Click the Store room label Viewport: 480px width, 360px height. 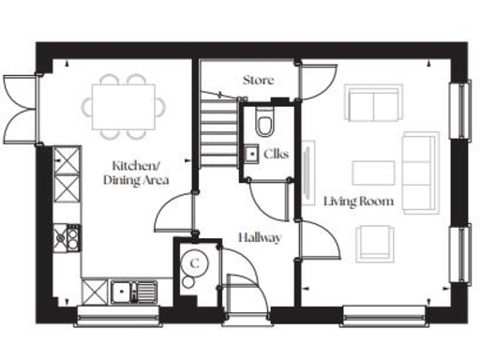coord(259,81)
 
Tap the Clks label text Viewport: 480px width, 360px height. coord(276,153)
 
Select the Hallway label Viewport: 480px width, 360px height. coord(260,238)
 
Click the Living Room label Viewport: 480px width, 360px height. coord(359,202)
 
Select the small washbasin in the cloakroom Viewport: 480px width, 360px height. coord(250,153)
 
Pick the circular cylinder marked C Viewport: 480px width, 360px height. coord(194,262)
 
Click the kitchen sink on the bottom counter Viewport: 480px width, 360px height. coord(124,292)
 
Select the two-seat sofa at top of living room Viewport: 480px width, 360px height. coord(373,104)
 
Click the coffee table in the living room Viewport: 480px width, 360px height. coord(373,172)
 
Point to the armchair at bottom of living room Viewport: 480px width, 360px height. coord(376,242)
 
